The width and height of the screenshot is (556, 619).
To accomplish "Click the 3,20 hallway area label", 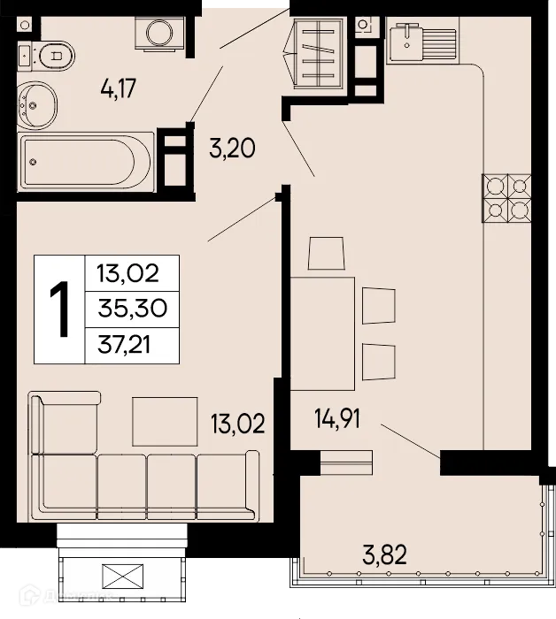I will pos(231,148).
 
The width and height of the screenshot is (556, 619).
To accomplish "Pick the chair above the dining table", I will pos(324,254).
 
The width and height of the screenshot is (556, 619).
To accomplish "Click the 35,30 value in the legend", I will pos(131,309).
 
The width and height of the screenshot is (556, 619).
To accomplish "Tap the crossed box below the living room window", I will pos(121,578).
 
